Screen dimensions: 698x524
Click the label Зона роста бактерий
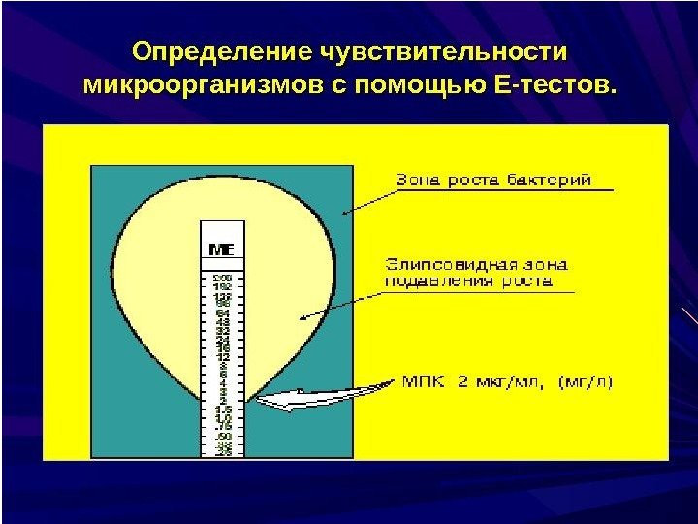(x=492, y=180)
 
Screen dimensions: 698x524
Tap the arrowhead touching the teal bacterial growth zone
(x=344, y=212)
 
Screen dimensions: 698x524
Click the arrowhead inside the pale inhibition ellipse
(x=302, y=316)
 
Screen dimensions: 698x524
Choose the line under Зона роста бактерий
(x=503, y=191)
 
